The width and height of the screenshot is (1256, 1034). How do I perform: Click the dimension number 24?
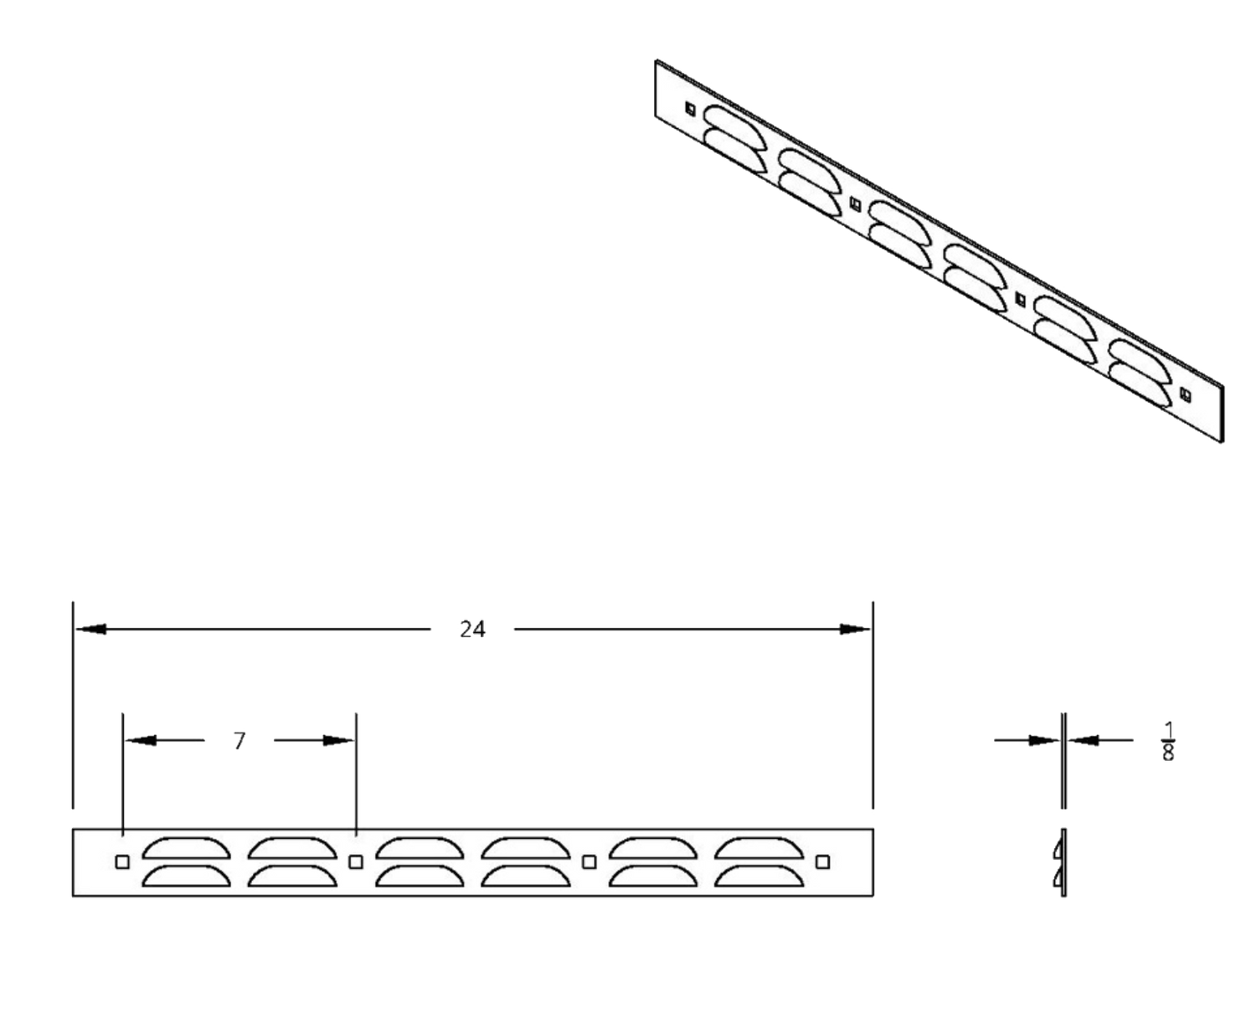(473, 629)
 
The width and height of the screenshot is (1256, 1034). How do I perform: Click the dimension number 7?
(240, 740)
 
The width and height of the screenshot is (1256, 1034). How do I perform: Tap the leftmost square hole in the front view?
(122, 862)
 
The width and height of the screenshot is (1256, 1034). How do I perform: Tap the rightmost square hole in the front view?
(823, 862)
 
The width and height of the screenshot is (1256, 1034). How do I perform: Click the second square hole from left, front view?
(356, 862)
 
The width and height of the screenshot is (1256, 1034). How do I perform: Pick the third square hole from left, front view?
(589, 862)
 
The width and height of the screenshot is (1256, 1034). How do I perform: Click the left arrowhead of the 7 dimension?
(141, 740)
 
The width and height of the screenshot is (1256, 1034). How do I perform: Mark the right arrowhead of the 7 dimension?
(340, 740)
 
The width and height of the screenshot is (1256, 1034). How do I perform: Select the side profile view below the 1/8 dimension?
(1063, 862)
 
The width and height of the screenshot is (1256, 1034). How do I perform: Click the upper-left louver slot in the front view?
(186, 848)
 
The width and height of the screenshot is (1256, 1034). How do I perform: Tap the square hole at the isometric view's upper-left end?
(690, 107)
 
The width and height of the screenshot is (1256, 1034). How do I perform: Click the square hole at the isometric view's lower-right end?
(1184, 392)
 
